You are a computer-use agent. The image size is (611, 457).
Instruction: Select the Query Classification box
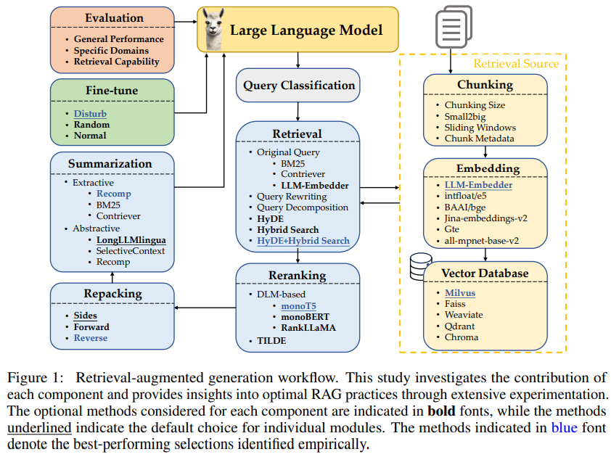(x=298, y=86)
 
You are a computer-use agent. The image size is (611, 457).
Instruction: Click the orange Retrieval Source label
(x=516, y=63)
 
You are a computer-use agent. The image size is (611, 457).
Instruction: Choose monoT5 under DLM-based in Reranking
(x=300, y=305)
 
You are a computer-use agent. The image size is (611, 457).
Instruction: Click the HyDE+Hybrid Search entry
(x=303, y=240)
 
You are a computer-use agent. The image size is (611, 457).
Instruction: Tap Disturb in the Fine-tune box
(x=90, y=113)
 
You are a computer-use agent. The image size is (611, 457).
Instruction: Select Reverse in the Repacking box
(x=90, y=337)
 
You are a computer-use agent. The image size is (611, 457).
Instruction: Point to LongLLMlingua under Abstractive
(x=131, y=239)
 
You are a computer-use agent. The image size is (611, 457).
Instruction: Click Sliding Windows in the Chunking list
(x=480, y=127)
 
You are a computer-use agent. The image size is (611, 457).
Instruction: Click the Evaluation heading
(x=112, y=17)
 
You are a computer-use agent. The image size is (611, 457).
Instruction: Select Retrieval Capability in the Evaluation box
(x=116, y=62)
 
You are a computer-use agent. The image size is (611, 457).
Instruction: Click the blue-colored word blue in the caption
(x=564, y=427)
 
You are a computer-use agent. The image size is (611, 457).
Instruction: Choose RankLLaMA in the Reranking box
(x=308, y=327)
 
